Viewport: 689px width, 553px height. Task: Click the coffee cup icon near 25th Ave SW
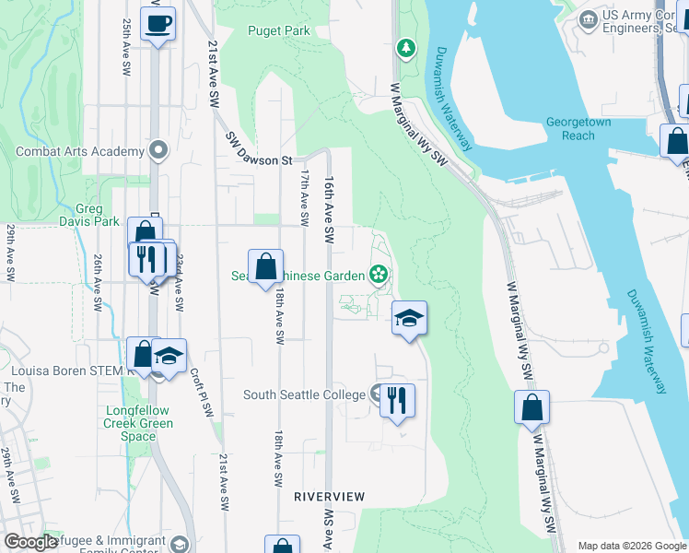point(158,22)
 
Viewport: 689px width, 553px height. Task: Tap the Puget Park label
point(279,30)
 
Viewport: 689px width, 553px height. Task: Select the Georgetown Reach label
point(578,128)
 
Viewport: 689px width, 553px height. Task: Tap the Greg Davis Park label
point(97,215)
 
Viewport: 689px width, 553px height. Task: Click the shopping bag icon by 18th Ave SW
point(265,267)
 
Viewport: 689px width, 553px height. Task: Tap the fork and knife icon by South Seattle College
point(397,400)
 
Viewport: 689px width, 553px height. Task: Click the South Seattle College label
point(304,394)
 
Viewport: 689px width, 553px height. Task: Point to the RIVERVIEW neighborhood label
point(329,496)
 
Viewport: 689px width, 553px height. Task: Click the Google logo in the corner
point(30,542)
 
